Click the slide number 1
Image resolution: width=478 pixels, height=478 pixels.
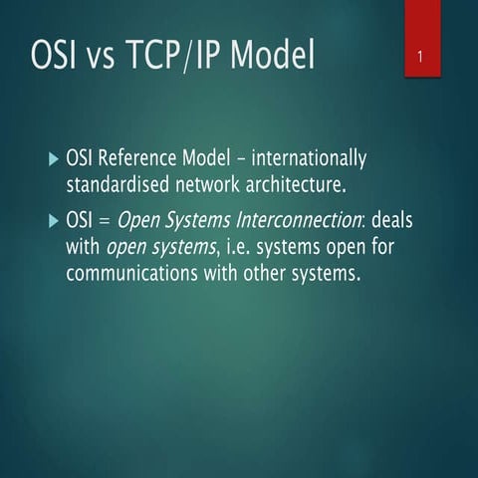pyautogui.click(x=421, y=58)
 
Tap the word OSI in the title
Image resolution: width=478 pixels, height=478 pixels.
pyautogui.click(x=61, y=56)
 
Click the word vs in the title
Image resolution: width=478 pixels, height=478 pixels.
pyautogui.click(x=117, y=58)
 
